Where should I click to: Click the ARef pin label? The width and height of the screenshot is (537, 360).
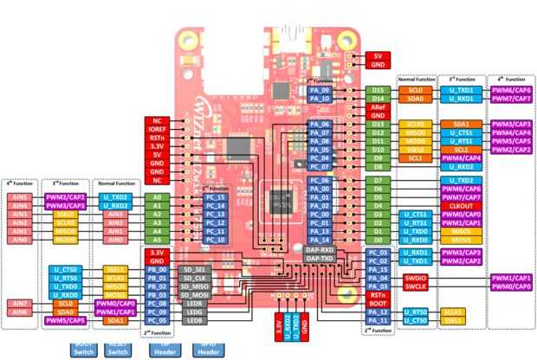click(378, 106)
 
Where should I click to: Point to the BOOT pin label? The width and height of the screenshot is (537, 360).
click(378, 304)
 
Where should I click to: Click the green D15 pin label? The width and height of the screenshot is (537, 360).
click(378, 89)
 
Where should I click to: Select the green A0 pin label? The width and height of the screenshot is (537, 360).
click(157, 196)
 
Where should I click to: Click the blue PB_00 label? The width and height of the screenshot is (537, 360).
click(157, 269)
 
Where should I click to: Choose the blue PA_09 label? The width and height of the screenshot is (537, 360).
click(320, 89)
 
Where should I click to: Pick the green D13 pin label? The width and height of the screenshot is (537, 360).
click(378, 124)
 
